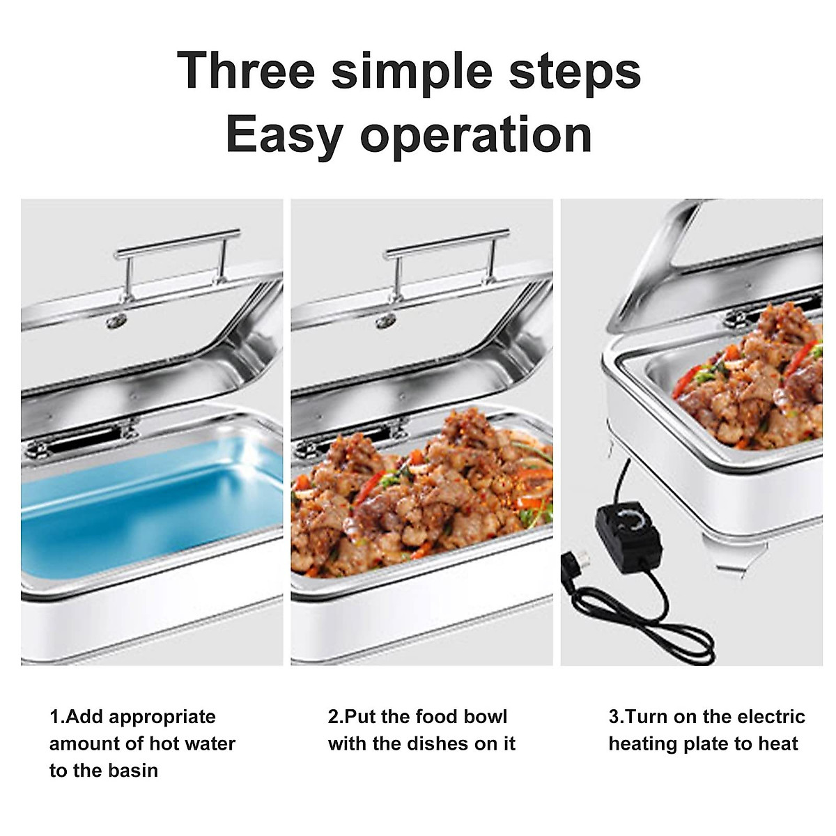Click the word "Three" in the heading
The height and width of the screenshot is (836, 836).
tap(246, 70)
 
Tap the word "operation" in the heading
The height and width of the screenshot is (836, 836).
tap(476, 134)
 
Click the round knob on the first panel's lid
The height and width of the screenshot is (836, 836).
tap(116, 320)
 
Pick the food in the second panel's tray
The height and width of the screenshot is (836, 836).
tap(418, 495)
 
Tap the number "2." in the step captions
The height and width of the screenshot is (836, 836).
tap(335, 717)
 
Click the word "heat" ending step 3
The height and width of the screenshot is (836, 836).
tap(777, 743)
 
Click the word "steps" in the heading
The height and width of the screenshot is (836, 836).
tap(575, 70)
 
